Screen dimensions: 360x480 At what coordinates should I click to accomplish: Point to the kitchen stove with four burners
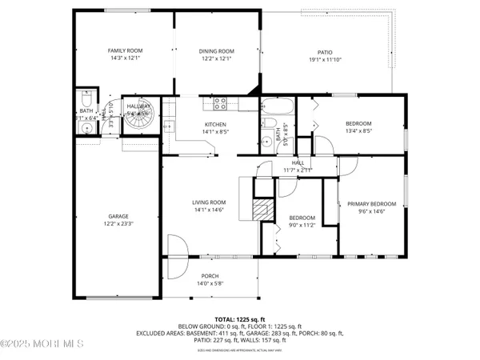point(221,102)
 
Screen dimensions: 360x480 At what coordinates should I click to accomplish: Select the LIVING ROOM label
point(209,202)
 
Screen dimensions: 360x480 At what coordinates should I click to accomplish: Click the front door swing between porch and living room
point(176,246)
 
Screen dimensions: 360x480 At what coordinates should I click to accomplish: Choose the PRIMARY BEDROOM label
point(371,204)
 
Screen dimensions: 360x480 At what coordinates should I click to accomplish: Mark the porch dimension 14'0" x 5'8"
point(210,283)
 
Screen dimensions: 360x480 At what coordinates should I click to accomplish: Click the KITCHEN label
point(215,124)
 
